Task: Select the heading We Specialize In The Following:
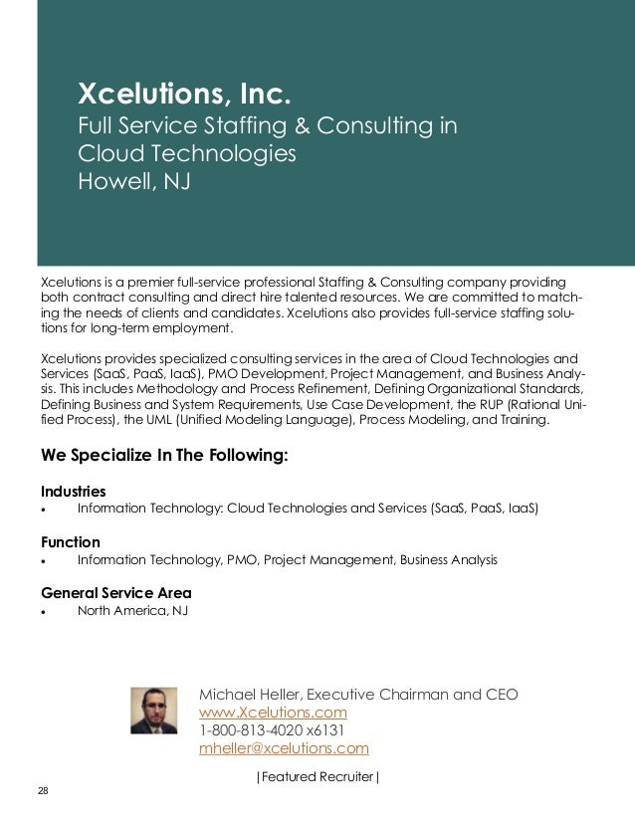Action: (164, 457)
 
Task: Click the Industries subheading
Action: (73, 492)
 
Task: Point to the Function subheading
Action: (70, 542)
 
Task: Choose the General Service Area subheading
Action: (115, 593)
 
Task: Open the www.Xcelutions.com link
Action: (274, 713)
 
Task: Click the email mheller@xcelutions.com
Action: (285, 748)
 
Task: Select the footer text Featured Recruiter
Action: (317, 775)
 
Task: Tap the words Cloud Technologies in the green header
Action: (187, 154)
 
